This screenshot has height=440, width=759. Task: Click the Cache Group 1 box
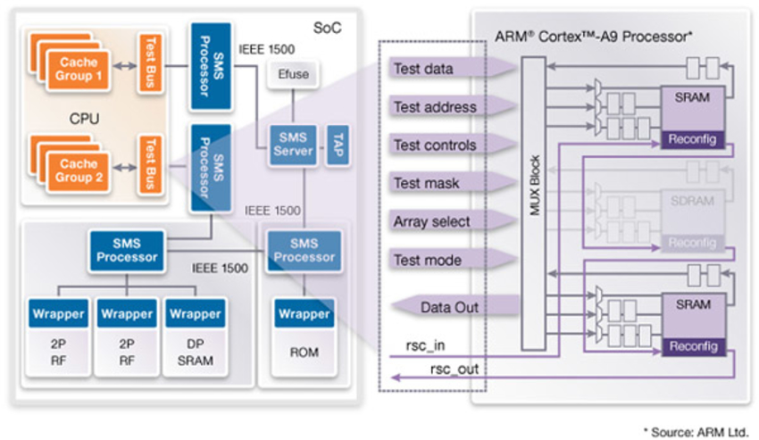(x=79, y=70)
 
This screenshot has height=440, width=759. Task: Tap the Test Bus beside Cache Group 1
(x=148, y=64)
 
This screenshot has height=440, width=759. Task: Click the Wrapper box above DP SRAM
(x=195, y=314)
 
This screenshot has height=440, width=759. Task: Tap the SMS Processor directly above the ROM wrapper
(x=304, y=250)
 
